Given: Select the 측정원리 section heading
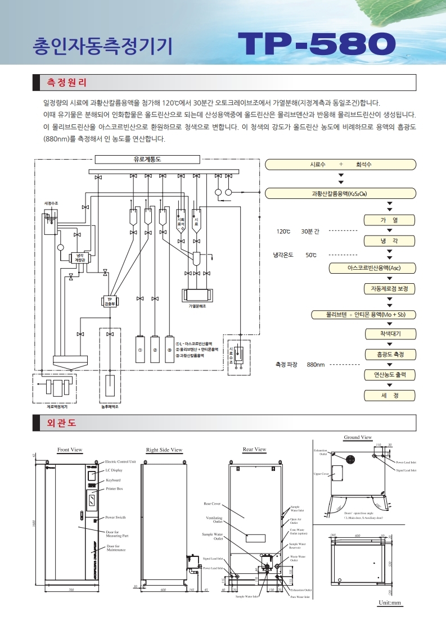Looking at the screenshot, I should point(67,83).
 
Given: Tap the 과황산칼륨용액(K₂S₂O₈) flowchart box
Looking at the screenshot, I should point(340,193).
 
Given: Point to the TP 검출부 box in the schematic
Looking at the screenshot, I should point(110,302).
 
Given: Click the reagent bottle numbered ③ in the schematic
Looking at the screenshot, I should point(169,350).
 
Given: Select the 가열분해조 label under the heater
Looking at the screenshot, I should point(197,307).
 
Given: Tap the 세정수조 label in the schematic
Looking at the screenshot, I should point(51,202).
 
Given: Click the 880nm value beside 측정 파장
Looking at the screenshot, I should point(316,365).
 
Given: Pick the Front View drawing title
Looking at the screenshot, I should point(70,450).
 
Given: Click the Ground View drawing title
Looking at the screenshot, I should point(358,437).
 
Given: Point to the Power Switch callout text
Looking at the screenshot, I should point(115,517).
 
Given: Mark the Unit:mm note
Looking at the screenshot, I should point(389,603).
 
